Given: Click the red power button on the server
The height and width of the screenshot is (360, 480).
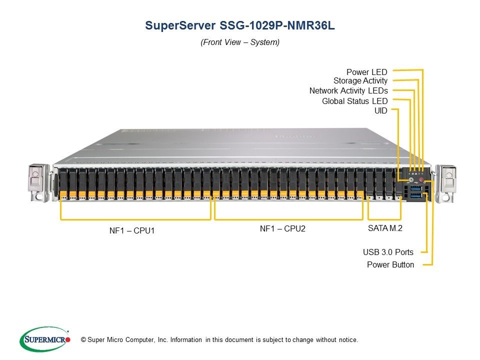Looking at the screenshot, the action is (x=421, y=180).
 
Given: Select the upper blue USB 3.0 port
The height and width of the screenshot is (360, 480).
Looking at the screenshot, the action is (x=415, y=188).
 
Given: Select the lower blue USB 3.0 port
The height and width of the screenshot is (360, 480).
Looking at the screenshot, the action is (x=415, y=195).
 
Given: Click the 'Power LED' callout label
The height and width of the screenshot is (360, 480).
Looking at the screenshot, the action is (x=366, y=72).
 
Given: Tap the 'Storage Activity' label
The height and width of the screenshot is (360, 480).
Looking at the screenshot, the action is (x=360, y=81).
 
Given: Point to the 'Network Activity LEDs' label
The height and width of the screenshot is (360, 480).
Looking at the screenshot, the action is (x=348, y=90).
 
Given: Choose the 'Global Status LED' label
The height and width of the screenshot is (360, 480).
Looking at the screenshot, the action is (x=355, y=101).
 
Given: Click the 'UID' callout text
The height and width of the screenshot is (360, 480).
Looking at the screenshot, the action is (x=381, y=110).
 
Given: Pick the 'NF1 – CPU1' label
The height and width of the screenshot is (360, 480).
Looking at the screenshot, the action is (x=132, y=230).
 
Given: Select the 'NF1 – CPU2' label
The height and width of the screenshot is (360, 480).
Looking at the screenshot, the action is (x=282, y=228).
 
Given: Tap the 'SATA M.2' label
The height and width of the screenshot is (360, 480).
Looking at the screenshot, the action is (x=385, y=228).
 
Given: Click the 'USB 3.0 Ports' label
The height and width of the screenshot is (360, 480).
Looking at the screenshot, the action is (x=388, y=252).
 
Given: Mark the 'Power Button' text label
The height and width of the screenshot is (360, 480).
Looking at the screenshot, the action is (x=390, y=264).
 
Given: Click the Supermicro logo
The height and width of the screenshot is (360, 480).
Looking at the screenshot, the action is (x=45, y=339).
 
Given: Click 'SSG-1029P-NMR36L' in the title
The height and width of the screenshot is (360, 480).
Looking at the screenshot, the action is (x=277, y=25).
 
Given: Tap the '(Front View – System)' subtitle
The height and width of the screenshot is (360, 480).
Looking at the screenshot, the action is (x=240, y=42).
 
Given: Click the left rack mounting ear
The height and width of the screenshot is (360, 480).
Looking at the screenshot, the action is (x=38, y=183).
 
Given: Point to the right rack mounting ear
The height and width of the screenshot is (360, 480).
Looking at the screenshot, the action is (x=445, y=183).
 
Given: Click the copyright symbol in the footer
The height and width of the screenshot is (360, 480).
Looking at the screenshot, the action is (x=83, y=340).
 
